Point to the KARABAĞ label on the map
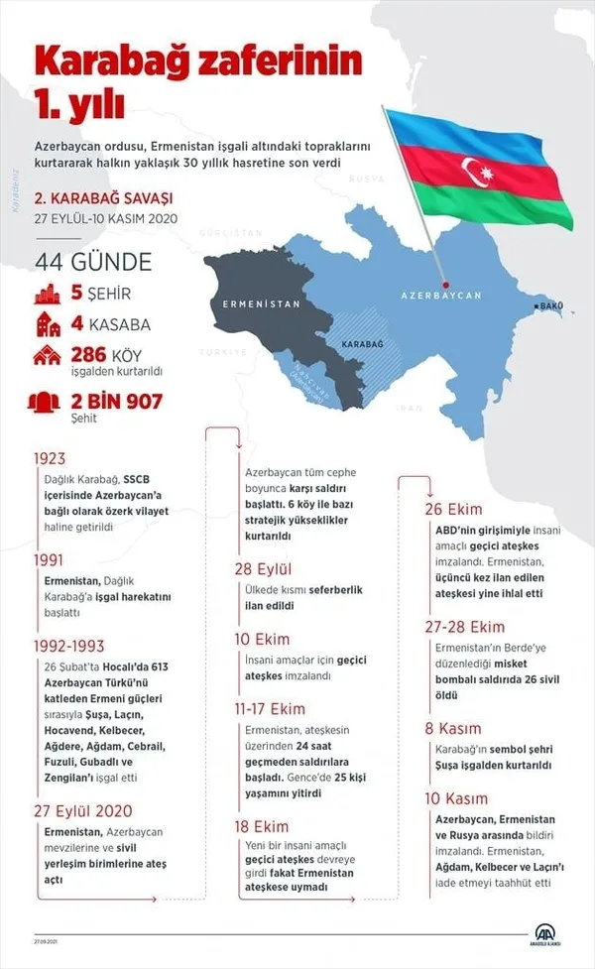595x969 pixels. (x=362, y=343)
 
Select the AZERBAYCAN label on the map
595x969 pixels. (x=440, y=296)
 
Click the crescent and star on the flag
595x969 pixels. (x=480, y=175)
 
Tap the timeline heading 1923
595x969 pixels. (x=49, y=458)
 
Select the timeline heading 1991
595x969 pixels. (x=49, y=559)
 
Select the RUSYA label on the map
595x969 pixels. (x=366, y=180)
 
